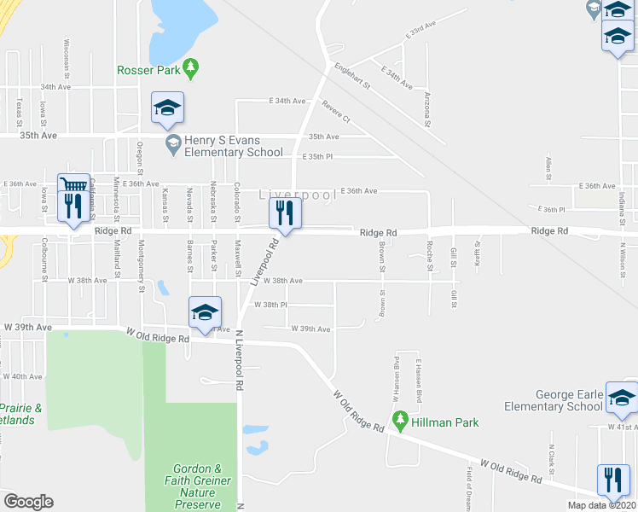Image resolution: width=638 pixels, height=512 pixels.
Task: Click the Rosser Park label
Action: [148, 70]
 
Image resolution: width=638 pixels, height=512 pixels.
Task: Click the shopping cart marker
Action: [73, 187]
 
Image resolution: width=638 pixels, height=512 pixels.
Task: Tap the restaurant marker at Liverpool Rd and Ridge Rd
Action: [285, 212]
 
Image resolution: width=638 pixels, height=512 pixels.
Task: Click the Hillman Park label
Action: [445, 422]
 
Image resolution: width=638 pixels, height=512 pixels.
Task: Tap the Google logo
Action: [27, 502]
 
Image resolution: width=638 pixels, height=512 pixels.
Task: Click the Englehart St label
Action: [352, 75]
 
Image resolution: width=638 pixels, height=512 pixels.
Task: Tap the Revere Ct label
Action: [336, 112]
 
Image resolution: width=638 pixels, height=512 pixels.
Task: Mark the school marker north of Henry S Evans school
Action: [168, 108]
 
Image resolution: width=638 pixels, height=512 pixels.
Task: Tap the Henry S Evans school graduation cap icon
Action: [173, 143]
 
